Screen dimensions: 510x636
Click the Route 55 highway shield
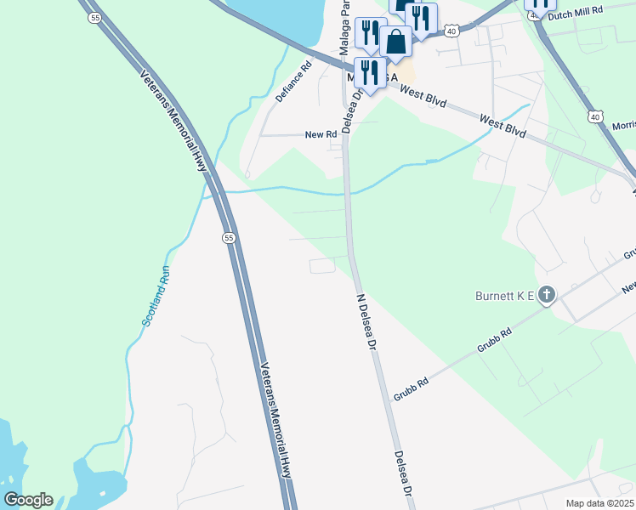[229, 238]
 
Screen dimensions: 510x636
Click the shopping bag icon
[395, 40]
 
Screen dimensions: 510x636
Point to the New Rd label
[321, 135]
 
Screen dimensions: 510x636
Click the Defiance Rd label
[294, 82]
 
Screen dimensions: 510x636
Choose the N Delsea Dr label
[366, 322]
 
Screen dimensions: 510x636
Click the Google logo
[28, 500]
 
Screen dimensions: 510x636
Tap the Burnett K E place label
[503, 296]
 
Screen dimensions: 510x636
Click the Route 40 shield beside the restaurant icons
[451, 31]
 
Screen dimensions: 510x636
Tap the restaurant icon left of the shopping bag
[370, 33]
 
